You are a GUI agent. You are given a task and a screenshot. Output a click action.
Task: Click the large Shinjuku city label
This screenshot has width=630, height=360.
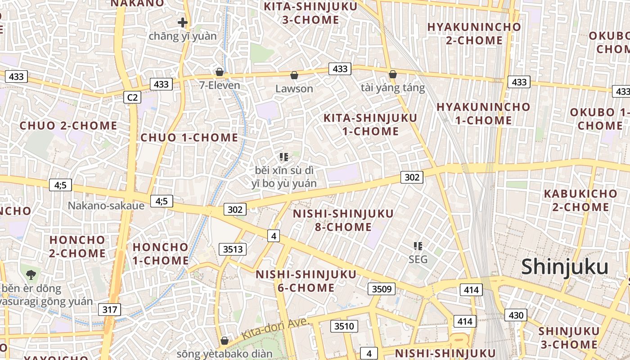click(565, 267)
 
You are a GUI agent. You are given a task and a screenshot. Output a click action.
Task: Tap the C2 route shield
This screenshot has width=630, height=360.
click(133, 97)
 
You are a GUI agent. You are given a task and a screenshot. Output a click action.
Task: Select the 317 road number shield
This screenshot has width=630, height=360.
click(109, 310)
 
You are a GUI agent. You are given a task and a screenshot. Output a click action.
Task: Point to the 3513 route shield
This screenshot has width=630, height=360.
click(233, 249)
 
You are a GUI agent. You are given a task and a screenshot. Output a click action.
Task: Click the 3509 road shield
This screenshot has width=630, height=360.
click(382, 289)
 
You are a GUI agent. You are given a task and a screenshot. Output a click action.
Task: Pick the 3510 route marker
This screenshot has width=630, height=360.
click(344, 326)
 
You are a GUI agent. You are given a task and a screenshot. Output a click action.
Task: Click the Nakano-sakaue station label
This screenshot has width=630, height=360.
click(106, 206)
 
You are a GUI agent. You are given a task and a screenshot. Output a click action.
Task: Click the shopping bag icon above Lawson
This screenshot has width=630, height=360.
click(294, 75)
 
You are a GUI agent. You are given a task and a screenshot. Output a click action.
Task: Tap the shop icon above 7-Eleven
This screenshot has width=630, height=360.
click(220, 72)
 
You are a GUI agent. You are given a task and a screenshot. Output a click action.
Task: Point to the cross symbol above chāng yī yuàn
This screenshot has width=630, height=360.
click(182, 22)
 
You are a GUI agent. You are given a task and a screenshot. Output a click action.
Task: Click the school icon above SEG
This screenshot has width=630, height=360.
click(418, 246)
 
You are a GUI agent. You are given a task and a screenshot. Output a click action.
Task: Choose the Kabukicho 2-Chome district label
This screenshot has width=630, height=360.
click(580, 200)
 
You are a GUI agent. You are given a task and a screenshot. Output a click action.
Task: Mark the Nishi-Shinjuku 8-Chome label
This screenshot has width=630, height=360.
click(343, 220)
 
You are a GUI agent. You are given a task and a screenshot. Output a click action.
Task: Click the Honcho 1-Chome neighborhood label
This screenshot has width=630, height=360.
click(161, 253)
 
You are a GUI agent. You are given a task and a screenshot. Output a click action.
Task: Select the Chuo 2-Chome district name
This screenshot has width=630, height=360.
click(68, 126)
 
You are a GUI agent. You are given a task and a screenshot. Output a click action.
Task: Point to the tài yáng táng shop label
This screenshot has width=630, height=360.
click(393, 88)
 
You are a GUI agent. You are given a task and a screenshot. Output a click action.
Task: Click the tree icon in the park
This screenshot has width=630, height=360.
click(31, 274)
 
